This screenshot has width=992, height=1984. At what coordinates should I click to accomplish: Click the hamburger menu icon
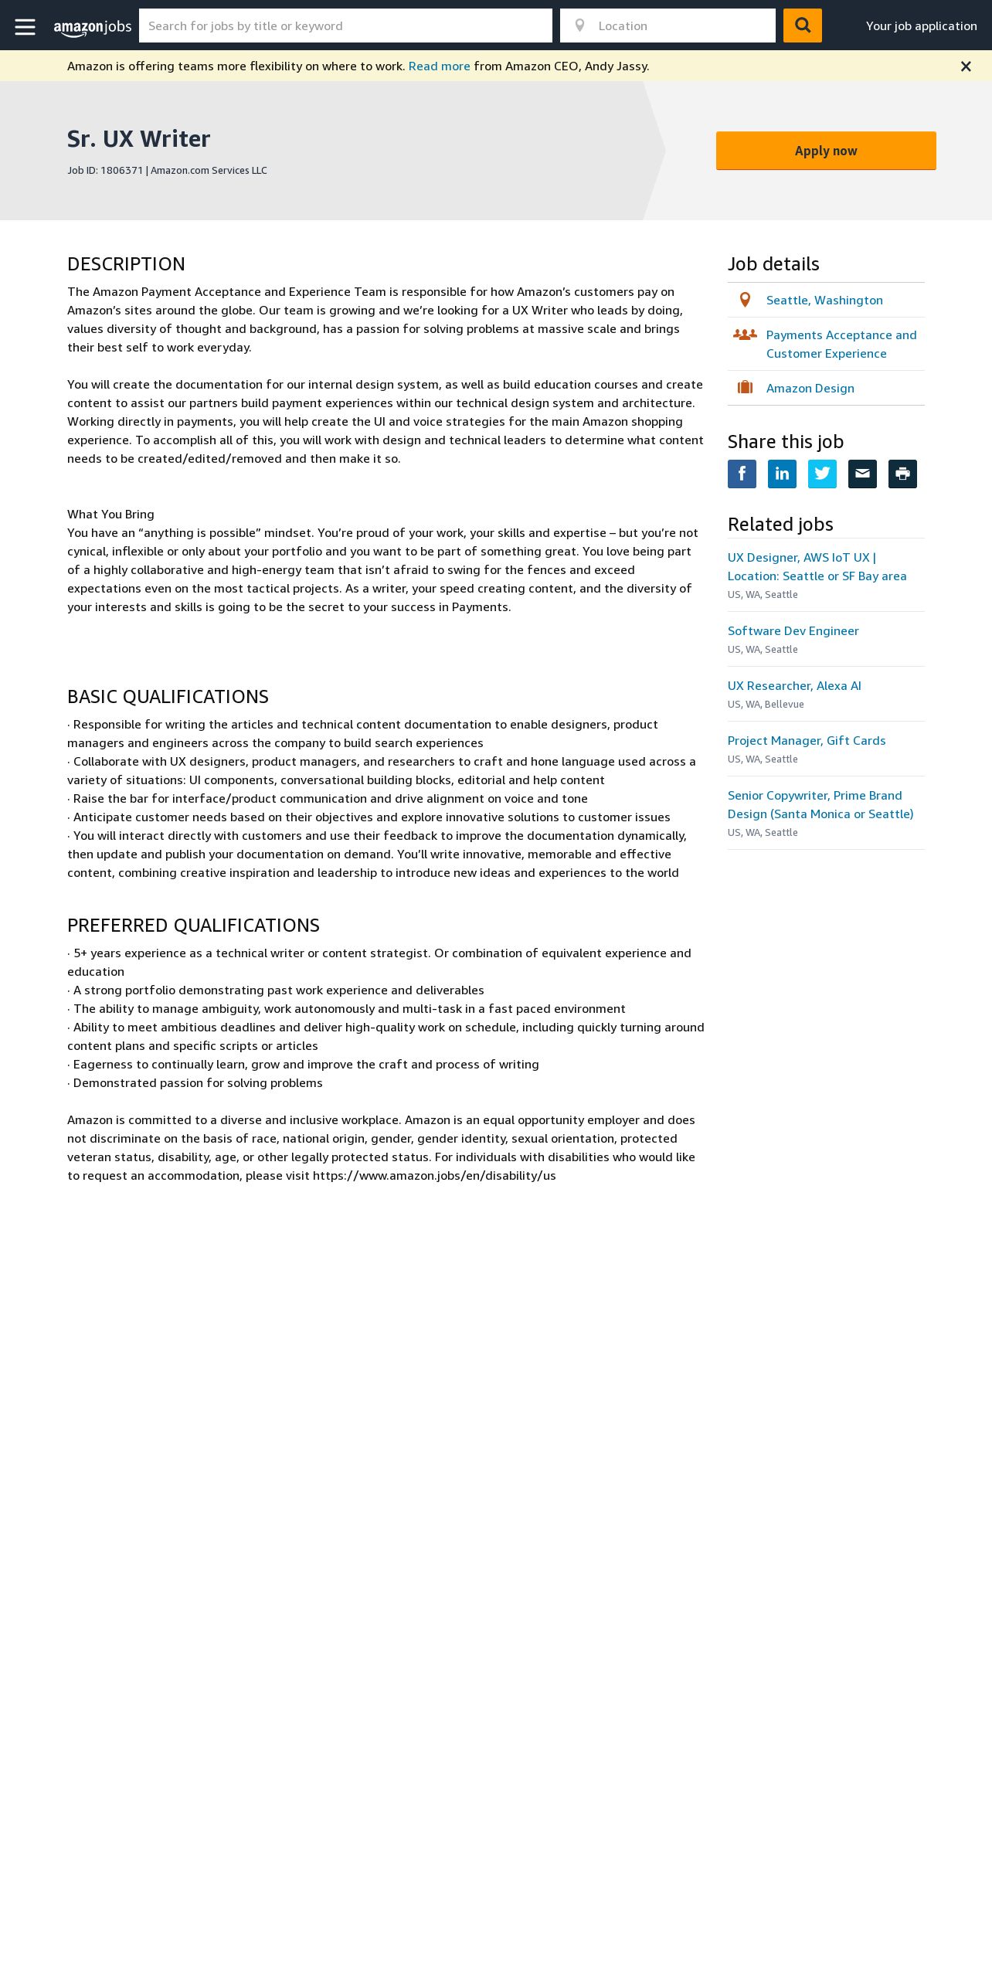[x=25, y=26]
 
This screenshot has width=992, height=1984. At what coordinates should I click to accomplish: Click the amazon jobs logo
[x=93, y=27]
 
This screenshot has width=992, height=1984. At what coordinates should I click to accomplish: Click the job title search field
[x=345, y=26]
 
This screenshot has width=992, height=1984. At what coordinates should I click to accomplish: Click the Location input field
[x=680, y=26]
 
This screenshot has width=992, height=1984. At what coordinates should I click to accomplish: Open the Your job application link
[x=921, y=26]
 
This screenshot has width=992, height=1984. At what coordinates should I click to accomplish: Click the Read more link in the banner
[x=439, y=66]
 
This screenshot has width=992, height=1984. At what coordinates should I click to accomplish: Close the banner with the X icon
[x=966, y=66]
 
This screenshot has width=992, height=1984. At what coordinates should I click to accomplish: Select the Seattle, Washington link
[x=824, y=301]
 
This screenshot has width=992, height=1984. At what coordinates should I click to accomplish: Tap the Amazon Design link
[x=810, y=389]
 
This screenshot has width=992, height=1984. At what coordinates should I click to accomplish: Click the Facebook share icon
[x=742, y=474]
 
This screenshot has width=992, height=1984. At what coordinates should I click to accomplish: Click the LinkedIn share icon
[x=782, y=474]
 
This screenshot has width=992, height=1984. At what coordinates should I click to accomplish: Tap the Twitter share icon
[x=822, y=474]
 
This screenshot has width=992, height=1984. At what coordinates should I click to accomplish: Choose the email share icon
[x=862, y=474]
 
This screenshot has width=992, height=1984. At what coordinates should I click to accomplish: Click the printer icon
[x=902, y=474]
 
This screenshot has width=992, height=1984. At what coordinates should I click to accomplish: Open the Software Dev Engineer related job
[x=793, y=631]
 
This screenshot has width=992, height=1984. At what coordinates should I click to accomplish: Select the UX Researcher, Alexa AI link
[x=794, y=686]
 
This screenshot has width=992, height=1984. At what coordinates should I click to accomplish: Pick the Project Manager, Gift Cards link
[x=807, y=741]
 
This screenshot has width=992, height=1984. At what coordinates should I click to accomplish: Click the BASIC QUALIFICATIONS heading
[x=168, y=697]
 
